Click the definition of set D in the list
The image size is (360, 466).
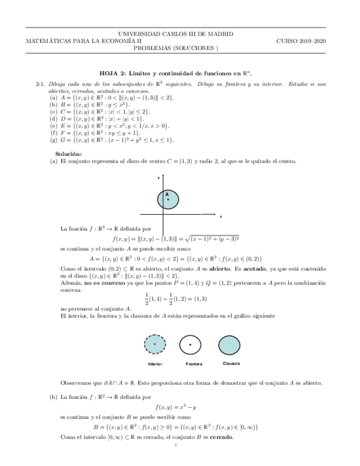tap(97, 118)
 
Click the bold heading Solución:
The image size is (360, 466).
tap(69, 153)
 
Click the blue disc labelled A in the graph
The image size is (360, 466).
tap(169, 198)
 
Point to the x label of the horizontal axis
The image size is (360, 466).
tap(220, 217)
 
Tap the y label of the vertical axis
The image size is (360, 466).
tap(158, 178)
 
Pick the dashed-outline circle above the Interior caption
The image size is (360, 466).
tap(156, 345)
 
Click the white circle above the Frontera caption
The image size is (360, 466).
tap(190, 345)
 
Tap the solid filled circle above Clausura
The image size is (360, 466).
tap(229, 345)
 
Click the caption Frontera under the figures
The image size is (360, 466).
tap(194, 364)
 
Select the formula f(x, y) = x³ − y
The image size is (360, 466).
tap(176, 407)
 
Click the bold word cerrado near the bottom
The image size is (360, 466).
tap(219, 437)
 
